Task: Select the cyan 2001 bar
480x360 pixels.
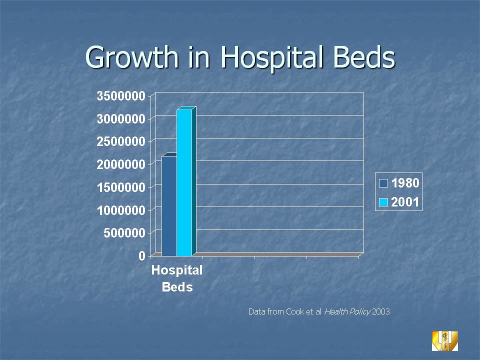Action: [x=184, y=182]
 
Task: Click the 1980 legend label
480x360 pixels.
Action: [x=405, y=183]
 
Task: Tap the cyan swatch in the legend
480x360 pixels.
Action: [x=384, y=202]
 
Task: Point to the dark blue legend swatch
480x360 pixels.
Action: [x=384, y=183]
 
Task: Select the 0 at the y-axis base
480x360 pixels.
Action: [x=142, y=255]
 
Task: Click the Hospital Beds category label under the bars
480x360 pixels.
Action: [x=177, y=278]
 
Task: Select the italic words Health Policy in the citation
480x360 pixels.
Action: [x=347, y=311]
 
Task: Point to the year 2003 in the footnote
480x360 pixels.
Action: [x=381, y=311]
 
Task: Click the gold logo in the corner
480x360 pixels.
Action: [x=444, y=340]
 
